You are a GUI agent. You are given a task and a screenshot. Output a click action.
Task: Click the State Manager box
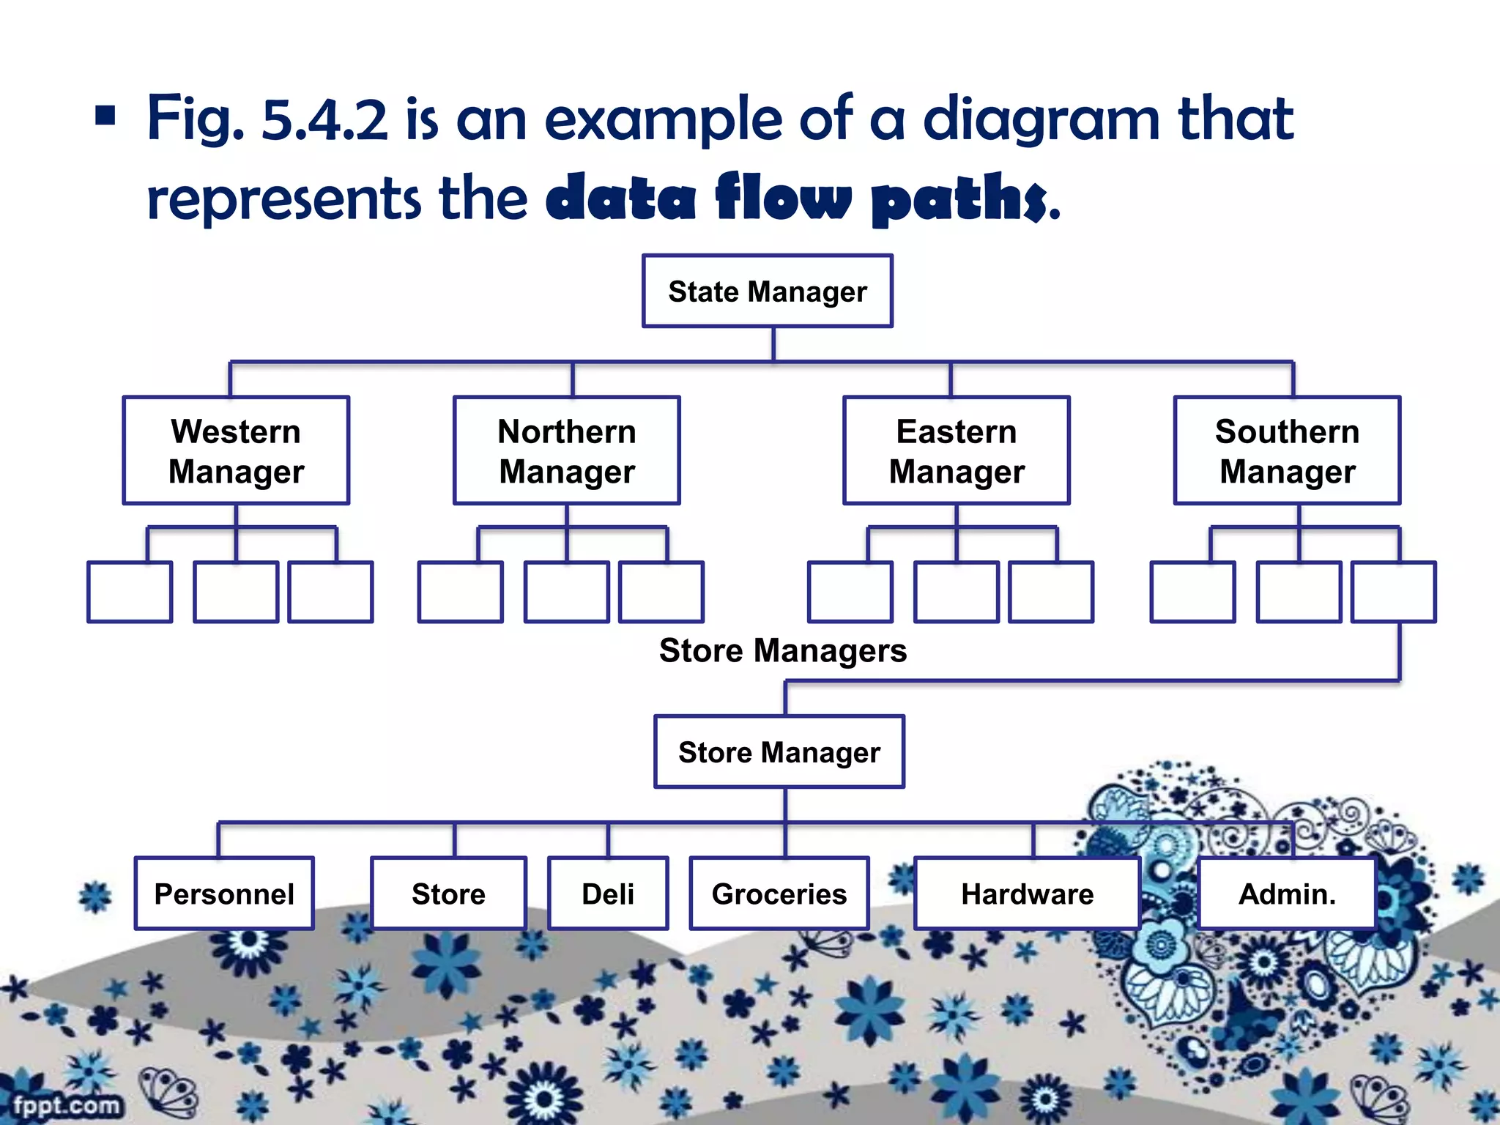(767, 291)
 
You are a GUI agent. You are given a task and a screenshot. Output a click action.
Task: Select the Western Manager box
(236, 450)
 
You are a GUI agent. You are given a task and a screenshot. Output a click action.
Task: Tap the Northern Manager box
(567, 450)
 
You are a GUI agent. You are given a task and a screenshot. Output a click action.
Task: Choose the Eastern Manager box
(957, 450)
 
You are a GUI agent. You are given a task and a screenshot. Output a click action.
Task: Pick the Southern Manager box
(1287, 450)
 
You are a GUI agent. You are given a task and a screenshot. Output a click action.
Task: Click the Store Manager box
(779, 751)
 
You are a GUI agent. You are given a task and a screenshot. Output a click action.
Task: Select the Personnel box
(224, 894)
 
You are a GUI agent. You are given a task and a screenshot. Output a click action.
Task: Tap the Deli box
(608, 894)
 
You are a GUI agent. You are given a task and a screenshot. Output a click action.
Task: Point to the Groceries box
(779, 894)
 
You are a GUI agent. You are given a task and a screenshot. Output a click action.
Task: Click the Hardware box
(1027, 894)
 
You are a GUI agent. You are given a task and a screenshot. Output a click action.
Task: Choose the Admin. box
(1287, 894)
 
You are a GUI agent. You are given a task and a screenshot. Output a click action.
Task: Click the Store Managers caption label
(782, 650)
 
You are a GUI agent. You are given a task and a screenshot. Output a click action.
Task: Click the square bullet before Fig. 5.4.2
(105, 116)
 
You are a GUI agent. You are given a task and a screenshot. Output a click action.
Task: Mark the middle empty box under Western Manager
(236, 592)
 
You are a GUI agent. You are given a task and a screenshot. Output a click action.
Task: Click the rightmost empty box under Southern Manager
(1393, 592)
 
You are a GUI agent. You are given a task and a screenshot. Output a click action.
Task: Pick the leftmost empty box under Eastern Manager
(850, 592)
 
